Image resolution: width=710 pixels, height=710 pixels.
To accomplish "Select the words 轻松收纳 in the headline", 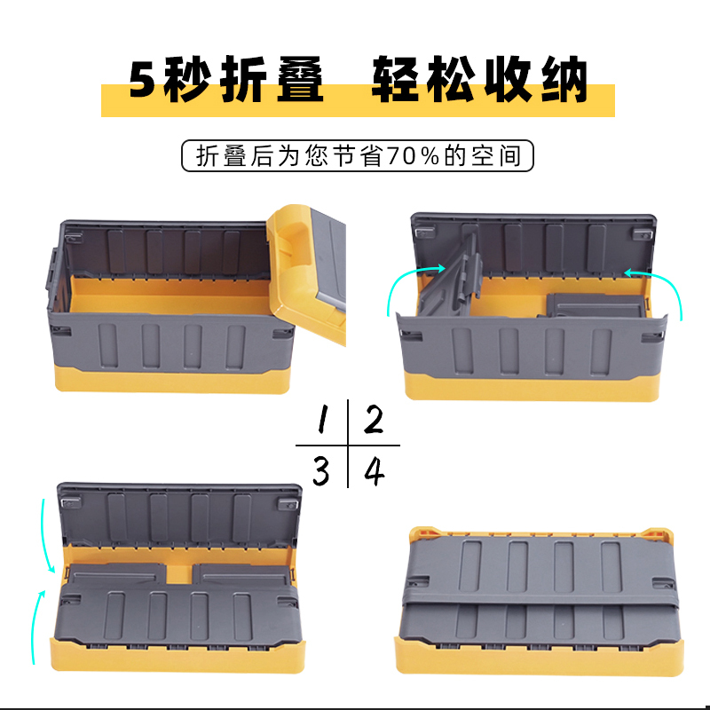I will (x=479, y=81).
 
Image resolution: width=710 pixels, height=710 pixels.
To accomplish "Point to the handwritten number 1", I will (x=324, y=419).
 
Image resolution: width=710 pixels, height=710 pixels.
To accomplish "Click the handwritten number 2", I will (x=374, y=419).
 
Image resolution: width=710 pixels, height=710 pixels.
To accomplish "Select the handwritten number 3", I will (x=320, y=470).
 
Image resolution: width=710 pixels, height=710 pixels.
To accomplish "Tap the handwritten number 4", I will (x=375, y=470).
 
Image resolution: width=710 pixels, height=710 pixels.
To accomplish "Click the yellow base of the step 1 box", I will (x=169, y=380).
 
